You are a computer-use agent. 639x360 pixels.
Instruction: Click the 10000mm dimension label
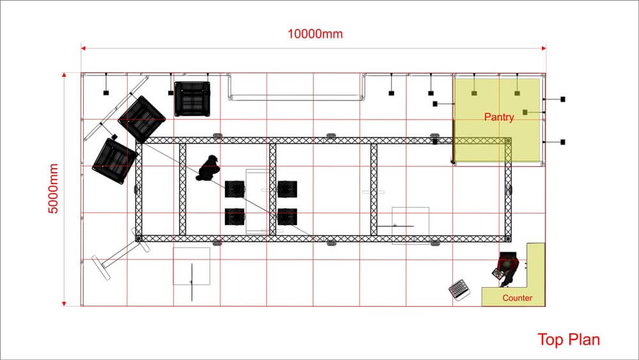coord(315,34)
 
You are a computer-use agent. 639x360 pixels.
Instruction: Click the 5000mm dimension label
coord(54,189)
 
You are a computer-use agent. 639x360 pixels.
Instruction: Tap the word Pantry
coord(499,117)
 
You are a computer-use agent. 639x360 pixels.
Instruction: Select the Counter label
coord(517,298)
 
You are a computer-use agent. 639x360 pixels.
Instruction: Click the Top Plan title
coord(569,340)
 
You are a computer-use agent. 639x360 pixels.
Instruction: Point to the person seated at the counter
coord(507,268)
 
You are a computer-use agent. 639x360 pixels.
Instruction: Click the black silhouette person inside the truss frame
coord(208,168)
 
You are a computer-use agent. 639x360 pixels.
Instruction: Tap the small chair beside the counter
coord(459,290)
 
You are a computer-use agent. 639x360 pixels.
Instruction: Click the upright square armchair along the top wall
coord(192,99)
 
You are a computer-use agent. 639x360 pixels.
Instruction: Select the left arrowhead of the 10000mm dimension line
coord(83,48)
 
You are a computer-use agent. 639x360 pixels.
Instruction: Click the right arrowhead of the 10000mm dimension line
coord(544,48)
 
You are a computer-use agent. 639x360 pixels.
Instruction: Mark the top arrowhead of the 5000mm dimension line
coord(64,75)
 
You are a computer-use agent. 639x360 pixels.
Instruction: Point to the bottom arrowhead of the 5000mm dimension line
coord(64,303)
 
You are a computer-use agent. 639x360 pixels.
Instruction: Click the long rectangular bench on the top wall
coord(296,87)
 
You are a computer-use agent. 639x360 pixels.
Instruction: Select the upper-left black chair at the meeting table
coord(235,189)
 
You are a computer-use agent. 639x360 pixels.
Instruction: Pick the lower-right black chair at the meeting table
coord(288,217)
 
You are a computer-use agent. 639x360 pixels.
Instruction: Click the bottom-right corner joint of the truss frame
coord(508,239)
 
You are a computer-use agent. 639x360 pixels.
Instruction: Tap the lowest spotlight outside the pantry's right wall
coord(563,143)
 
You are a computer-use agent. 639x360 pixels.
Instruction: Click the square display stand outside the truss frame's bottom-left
coord(192,266)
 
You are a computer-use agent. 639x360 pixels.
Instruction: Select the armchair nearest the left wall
coord(114,160)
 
